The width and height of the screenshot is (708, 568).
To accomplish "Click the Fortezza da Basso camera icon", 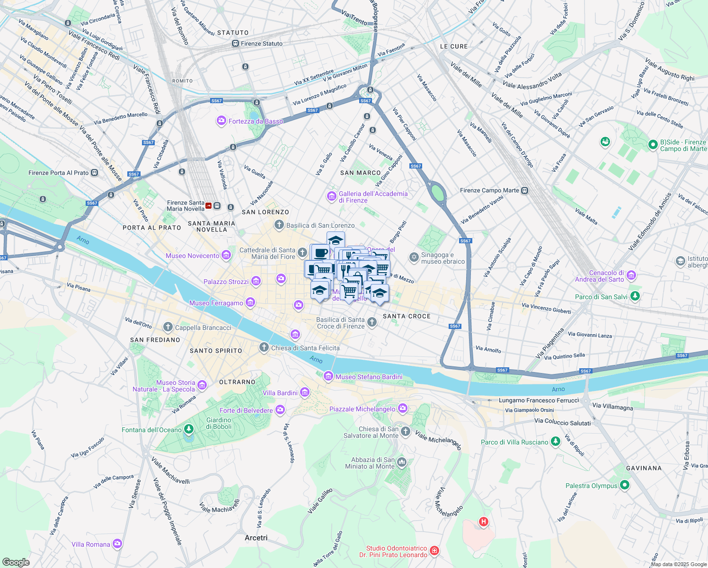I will coord(221,121).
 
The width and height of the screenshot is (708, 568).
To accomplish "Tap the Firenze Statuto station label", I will coord(261,44).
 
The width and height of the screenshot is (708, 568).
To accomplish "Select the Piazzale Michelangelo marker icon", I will coord(403,408).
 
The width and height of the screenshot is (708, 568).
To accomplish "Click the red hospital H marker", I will coord(483,522).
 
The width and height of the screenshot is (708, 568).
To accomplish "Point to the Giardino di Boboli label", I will coord(219,423).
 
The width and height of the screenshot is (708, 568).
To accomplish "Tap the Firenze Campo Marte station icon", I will coord(524,190).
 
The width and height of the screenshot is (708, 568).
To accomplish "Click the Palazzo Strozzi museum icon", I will coord(256,282).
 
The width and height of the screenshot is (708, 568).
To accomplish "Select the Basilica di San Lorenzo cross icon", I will coord(279,225).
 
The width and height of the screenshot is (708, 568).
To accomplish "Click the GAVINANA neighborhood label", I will coord(644,468).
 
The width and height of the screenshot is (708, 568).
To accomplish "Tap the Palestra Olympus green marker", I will coord(625,485).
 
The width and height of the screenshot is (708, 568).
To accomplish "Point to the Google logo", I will coord(16,562).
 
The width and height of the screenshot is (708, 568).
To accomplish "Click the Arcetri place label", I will coord(256,538).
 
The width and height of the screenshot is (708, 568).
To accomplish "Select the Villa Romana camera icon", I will coord(117,544).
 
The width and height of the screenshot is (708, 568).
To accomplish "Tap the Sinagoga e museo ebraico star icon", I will coord(414,257).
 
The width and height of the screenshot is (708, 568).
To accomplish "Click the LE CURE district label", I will coord(453,46).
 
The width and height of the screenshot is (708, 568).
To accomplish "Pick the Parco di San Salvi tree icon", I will coord(635,296).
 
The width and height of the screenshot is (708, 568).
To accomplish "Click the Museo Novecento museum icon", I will coord(226,256).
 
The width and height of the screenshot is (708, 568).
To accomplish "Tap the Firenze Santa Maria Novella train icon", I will coord(209,206).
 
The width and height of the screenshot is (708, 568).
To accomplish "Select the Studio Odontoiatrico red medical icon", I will coord(434,550).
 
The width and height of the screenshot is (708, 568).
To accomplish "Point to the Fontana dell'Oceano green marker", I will coord(189,429).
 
